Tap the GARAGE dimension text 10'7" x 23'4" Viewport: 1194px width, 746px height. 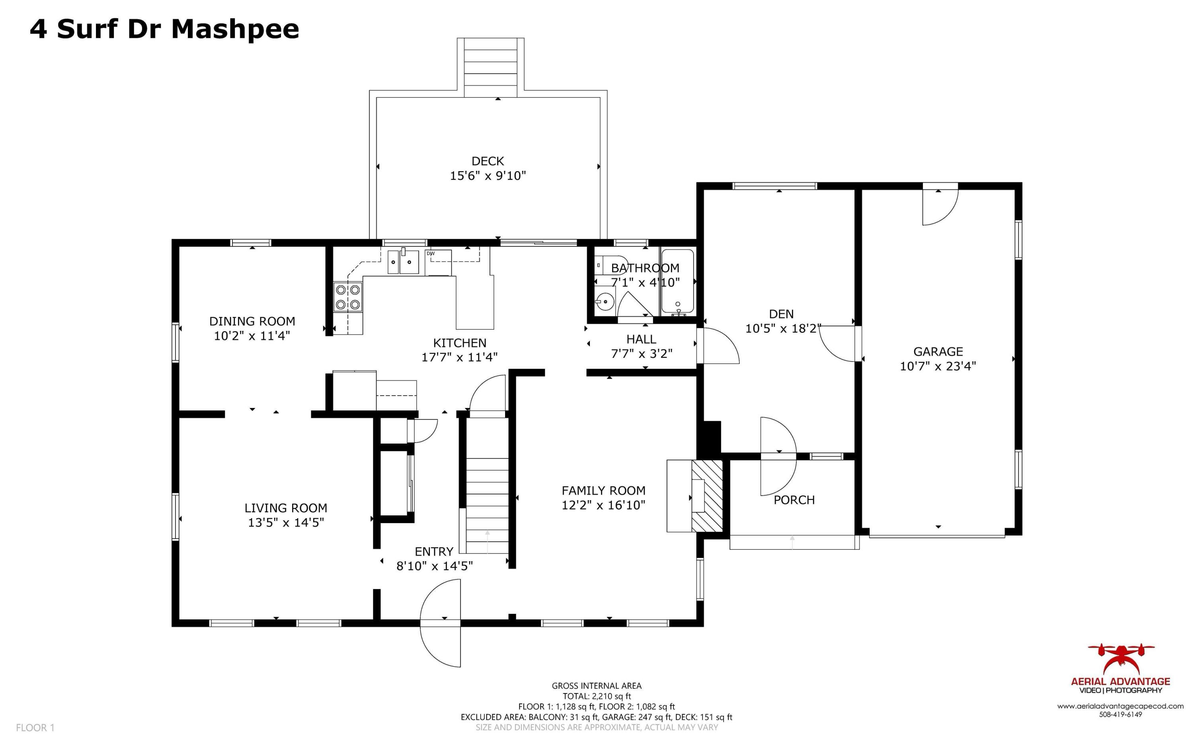pos(938,366)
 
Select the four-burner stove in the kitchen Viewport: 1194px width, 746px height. pos(348,297)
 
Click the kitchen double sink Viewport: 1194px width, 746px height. pos(402,262)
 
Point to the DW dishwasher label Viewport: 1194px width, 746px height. pos(431,254)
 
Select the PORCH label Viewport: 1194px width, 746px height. pos(794,500)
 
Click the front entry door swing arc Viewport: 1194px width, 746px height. pos(439,623)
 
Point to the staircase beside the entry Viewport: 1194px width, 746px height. pos(487,498)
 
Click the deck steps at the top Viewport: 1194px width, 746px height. pos(490,68)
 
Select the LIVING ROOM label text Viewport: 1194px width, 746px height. pos(285,508)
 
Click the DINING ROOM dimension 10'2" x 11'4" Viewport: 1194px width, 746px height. pos(252,336)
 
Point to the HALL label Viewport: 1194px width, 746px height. pos(641,340)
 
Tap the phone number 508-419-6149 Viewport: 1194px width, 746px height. pos(1120,715)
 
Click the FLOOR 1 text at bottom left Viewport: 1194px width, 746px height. pos(35,727)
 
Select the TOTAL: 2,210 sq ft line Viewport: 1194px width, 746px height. pos(596,696)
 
